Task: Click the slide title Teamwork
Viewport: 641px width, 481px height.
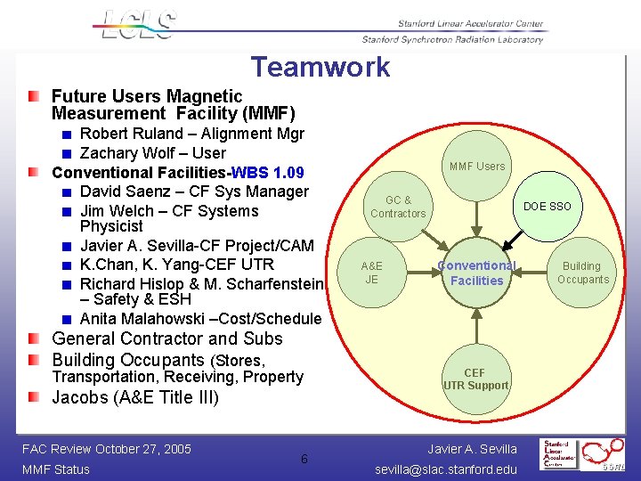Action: coord(320,67)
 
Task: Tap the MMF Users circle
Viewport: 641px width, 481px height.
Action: coord(476,166)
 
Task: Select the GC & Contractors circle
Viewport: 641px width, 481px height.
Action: coord(398,207)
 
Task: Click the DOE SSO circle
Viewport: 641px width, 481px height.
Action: coord(547,207)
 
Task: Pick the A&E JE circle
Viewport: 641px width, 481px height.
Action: coord(371,273)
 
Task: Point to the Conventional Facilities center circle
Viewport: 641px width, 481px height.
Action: coord(476,273)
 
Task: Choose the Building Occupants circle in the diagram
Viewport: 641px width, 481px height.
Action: coord(582,273)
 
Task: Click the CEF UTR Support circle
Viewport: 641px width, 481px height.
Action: coord(475,379)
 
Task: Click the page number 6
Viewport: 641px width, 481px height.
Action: coord(304,459)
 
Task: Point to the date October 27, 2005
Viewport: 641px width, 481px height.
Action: coord(143,449)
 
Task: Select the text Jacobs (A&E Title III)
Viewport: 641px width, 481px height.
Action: coord(134,397)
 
